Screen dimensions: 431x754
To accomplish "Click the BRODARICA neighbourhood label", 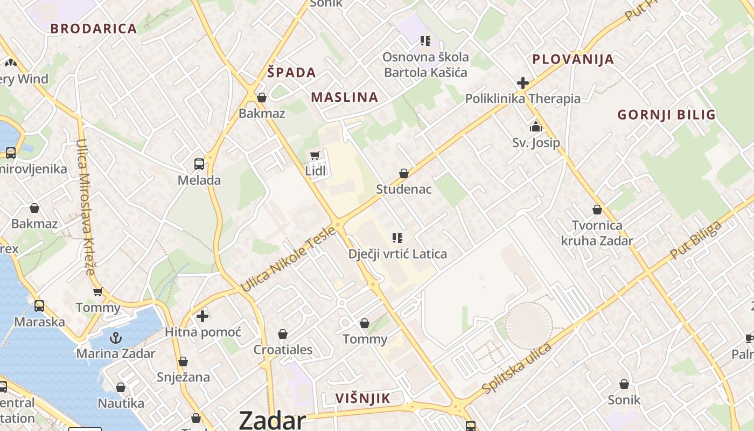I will click(94, 29).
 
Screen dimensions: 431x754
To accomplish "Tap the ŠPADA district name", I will click(291, 72).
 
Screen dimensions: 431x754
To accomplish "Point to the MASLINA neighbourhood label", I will click(345, 97).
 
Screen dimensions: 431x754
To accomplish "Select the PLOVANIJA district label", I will click(573, 59).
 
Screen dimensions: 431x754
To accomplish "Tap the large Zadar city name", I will click(272, 420).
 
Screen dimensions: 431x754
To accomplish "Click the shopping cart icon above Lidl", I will click(315, 156).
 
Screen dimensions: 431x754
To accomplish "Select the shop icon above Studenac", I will click(403, 173).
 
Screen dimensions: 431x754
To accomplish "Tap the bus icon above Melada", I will click(199, 164).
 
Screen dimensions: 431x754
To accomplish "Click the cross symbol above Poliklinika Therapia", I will click(522, 83).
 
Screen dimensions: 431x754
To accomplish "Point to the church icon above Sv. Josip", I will click(536, 127).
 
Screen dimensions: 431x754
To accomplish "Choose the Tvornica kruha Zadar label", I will click(597, 233).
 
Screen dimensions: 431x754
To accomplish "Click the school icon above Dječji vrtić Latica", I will click(397, 238).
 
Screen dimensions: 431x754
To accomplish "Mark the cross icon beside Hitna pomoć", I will click(203, 316).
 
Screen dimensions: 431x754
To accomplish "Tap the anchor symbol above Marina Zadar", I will click(115, 338).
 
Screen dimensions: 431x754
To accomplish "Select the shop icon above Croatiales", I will click(283, 334).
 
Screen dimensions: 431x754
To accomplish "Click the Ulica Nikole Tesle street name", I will click(288, 260).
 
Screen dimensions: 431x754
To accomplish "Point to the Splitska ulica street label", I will click(517, 367).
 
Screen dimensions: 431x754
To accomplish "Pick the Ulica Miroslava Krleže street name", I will click(86, 207).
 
